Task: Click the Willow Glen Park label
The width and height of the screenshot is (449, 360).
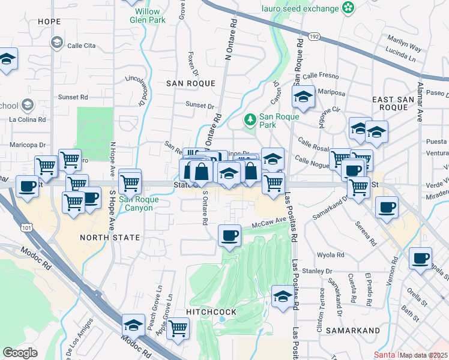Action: (147, 15)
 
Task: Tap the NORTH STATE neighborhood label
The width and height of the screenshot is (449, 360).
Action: (110, 238)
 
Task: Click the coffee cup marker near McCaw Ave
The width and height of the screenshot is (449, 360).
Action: (229, 235)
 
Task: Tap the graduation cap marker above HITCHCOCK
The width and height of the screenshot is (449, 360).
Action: (283, 296)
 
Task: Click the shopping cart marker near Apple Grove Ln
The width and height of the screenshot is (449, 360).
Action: (178, 328)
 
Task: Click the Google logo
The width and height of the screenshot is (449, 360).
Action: (20, 353)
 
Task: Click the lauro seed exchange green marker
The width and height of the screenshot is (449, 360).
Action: (348, 7)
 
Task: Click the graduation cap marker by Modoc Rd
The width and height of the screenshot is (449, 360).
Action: (133, 325)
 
